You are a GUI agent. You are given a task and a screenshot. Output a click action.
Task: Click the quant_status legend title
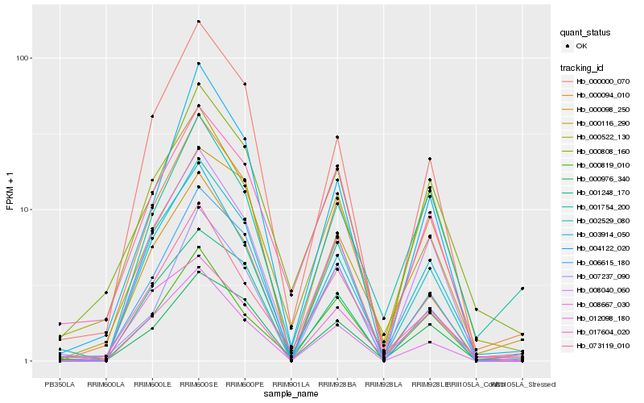tap(585, 32)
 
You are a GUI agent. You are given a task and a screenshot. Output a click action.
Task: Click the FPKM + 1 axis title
tap(10, 187)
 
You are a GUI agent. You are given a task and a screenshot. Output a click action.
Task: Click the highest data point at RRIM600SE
tap(198, 22)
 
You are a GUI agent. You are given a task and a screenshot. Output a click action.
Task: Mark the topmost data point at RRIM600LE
tap(152, 116)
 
